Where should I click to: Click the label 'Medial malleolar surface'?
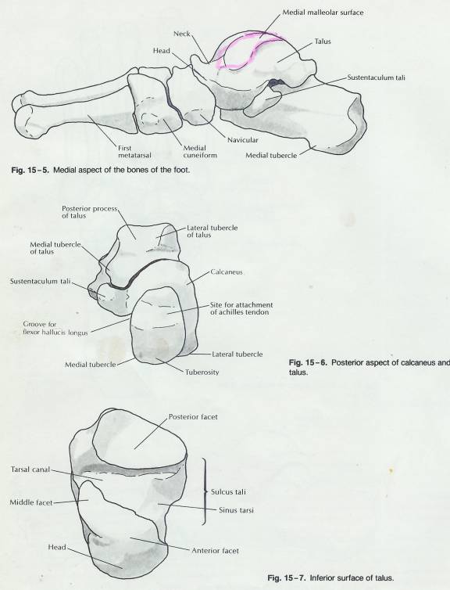tap(323, 13)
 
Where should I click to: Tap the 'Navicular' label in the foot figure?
tap(243, 140)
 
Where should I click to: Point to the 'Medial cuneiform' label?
tap(200, 152)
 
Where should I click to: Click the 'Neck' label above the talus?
tap(182, 34)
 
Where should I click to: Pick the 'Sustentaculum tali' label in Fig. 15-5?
tap(376, 78)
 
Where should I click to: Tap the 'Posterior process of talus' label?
tap(90, 212)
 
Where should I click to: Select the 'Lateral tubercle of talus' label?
tap(212, 232)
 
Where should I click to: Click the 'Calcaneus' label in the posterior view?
tap(227, 272)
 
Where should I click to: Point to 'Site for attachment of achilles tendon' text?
tap(241, 308)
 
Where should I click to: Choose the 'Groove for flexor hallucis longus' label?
tap(55, 328)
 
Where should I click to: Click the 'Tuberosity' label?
tap(202, 372)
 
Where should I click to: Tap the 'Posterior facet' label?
tap(193, 417)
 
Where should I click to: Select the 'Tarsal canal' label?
tap(30, 469)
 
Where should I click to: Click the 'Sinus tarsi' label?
tap(236, 510)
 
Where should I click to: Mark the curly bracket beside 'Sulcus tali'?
tap(205, 491)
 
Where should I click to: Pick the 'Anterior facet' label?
tap(215, 551)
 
